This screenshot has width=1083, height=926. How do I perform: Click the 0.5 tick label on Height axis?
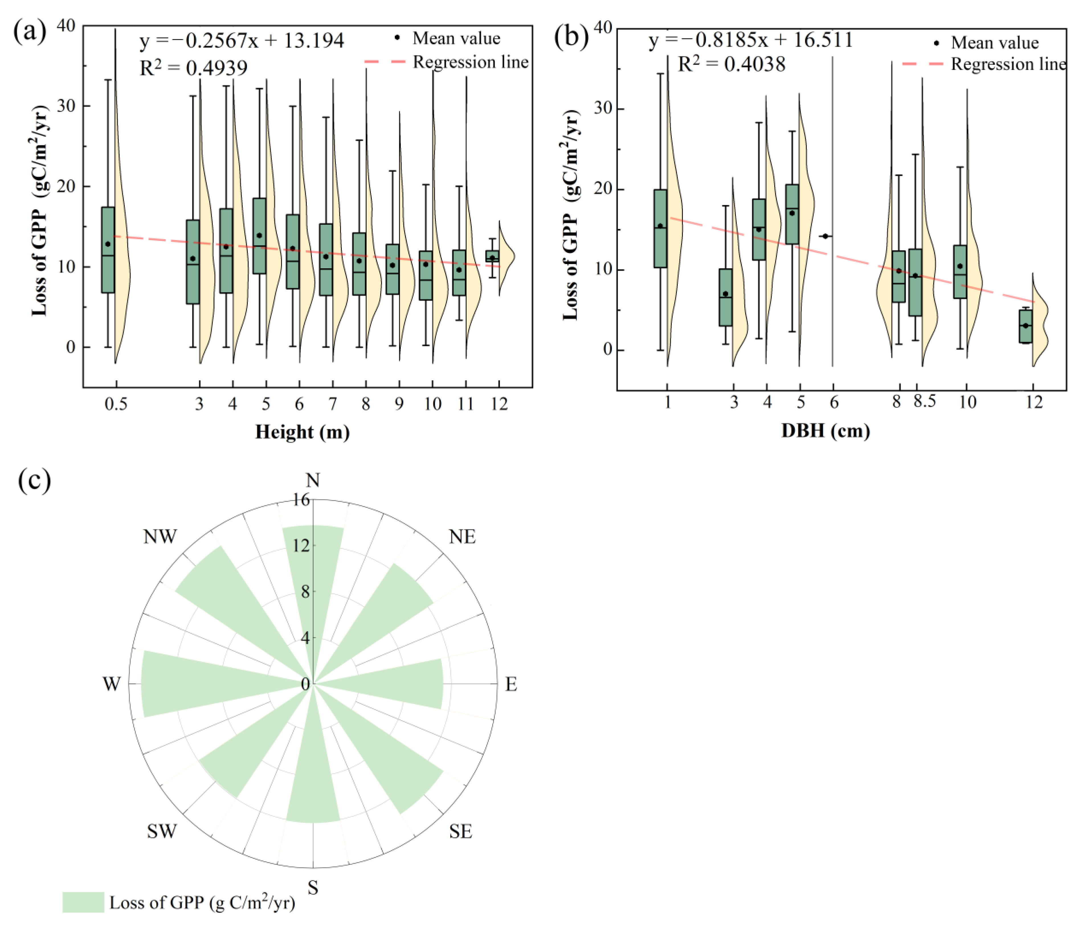tap(116, 404)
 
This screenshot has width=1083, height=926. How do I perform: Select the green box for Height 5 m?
tap(259, 236)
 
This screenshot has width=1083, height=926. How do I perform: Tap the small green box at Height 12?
tap(493, 256)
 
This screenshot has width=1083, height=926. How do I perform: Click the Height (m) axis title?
tap(302, 432)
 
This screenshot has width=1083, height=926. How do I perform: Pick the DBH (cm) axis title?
tap(825, 431)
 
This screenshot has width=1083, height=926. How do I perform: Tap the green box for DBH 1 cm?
tap(660, 228)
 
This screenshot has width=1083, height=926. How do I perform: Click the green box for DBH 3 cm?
tap(726, 297)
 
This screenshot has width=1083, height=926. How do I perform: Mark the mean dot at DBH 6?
tap(825, 236)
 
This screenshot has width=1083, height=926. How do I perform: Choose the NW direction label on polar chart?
tap(160, 537)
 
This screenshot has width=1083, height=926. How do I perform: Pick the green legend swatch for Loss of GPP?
tap(83, 902)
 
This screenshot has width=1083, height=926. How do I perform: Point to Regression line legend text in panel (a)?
tap(470, 62)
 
